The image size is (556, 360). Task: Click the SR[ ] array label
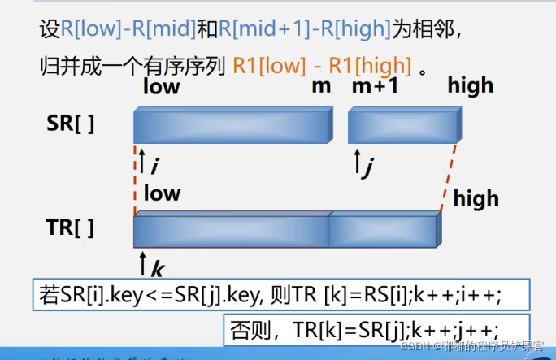[x=70, y=124]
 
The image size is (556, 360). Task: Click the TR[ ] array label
[x=70, y=228]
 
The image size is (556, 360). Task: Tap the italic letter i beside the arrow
[x=154, y=164]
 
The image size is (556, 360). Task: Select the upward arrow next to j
[x=355, y=161]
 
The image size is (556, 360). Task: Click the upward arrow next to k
[x=143, y=262]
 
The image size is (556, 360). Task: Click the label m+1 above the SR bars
[x=375, y=86]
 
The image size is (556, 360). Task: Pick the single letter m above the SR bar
[x=320, y=86]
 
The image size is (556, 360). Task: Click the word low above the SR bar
[x=161, y=86]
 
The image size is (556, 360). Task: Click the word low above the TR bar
[x=162, y=193]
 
